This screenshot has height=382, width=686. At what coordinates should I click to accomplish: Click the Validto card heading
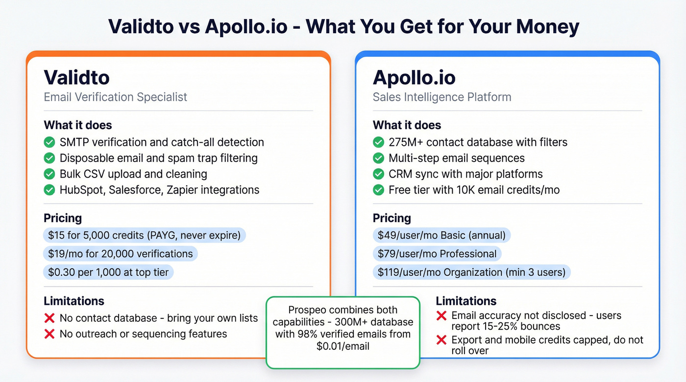[x=76, y=77]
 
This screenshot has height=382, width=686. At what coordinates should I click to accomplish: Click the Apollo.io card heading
[x=414, y=77]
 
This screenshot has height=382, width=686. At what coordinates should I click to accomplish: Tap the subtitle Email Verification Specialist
[x=116, y=97]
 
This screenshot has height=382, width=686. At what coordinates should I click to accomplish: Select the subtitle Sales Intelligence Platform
[x=441, y=97]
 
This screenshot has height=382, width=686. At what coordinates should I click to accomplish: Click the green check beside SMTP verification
[x=49, y=142]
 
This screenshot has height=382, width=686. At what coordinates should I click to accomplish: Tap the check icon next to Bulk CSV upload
[x=49, y=174]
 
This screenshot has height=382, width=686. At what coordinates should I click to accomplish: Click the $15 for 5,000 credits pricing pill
[x=144, y=235]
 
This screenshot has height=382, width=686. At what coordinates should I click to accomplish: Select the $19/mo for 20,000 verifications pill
[x=120, y=254]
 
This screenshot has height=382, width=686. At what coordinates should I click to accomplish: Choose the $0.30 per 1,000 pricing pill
[x=108, y=272]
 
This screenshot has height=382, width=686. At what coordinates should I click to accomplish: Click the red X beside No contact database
[x=49, y=318]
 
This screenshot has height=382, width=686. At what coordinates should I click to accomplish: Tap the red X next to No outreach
[x=49, y=334]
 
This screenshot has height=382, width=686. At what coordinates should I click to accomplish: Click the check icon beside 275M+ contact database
[x=378, y=142]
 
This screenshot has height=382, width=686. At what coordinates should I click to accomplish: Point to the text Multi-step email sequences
[x=456, y=158]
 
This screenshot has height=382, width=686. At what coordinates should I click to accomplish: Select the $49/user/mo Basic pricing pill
[x=441, y=235]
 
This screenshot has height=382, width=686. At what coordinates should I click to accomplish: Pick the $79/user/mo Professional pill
[x=437, y=254]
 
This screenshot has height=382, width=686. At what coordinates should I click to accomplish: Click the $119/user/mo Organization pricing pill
[x=471, y=272]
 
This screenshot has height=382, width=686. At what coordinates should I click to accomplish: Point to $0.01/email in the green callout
[x=343, y=346]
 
